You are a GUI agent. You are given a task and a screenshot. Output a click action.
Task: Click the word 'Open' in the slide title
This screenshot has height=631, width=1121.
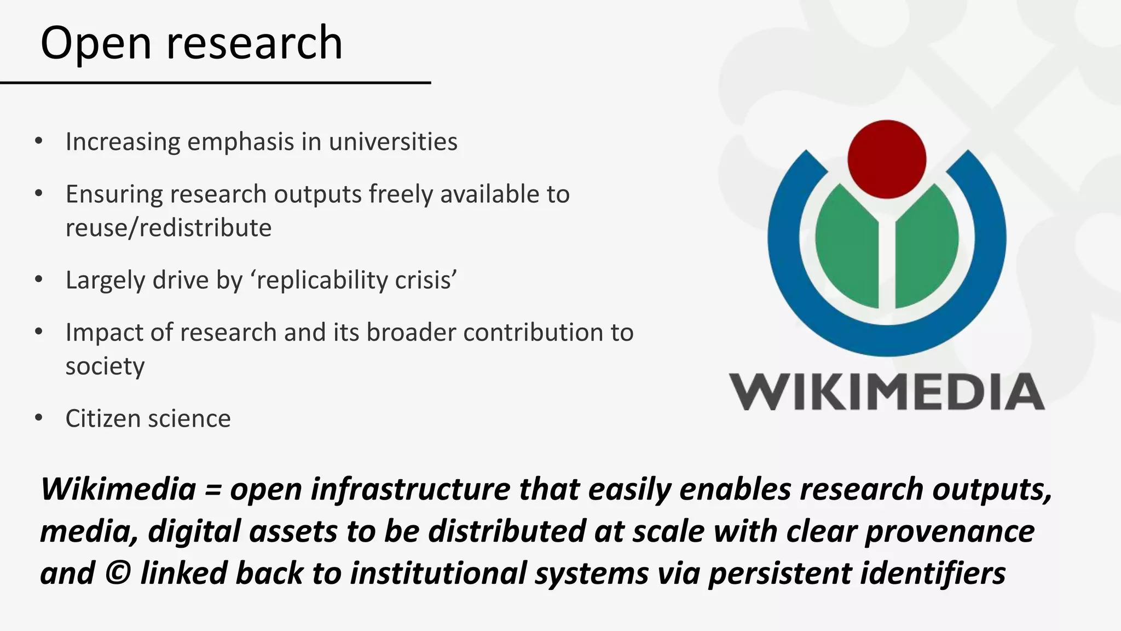pos(96,44)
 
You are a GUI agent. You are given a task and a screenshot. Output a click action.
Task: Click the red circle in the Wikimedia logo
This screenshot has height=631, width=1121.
pos(887,159)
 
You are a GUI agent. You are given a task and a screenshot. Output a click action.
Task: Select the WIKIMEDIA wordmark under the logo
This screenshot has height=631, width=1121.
pos(887,392)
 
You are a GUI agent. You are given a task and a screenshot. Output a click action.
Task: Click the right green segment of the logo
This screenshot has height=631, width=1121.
pos(927,246)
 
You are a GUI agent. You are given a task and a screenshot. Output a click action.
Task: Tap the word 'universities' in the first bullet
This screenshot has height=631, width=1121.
pos(393,142)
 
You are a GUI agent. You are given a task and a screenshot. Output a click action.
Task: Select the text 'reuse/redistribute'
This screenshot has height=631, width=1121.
pos(169,228)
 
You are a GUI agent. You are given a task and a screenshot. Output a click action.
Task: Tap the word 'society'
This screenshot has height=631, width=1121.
pos(105,366)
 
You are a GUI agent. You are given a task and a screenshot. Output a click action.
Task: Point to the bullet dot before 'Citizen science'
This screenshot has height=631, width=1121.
pos(38,418)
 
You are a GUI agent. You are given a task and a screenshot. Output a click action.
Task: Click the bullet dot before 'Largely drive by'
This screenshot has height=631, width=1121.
pos(38,280)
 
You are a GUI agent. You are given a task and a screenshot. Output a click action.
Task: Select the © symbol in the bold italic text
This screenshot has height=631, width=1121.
pos(117,573)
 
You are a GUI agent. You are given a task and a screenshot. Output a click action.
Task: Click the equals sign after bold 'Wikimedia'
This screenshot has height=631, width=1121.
pos(212,489)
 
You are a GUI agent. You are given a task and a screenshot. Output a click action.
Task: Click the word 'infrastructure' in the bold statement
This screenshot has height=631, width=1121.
pos(410,489)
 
